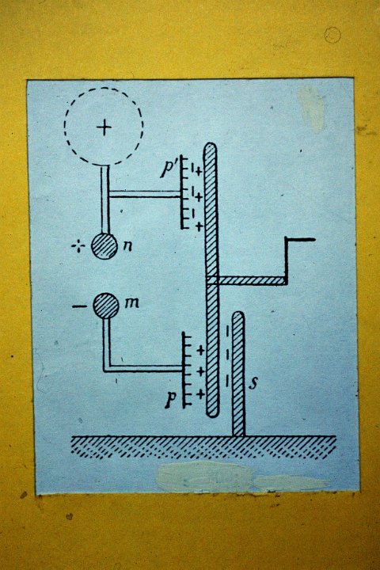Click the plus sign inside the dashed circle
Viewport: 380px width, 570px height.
click(x=104, y=127)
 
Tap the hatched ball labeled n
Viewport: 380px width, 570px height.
click(x=104, y=246)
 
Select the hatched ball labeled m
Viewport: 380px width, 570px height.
click(x=106, y=306)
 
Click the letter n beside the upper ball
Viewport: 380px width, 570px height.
click(x=127, y=246)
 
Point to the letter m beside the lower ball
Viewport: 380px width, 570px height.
click(x=131, y=302)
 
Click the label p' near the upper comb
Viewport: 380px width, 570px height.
click(x=168, y=169)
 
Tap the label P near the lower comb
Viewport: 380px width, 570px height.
click(x=171, y=401)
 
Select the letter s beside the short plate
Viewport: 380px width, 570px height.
click(x=253, y=383)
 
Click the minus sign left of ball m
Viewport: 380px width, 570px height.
click(x=78, y=307)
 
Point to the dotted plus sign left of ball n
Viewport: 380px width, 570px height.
click(x=78, y=247)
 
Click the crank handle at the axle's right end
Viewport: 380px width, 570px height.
click(x=299, y=261)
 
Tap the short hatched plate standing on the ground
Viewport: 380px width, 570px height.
click(x=238, y=374)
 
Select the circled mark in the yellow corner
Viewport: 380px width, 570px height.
click(x=332, y=36)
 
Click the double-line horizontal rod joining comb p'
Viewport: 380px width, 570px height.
click(x=145, y=195)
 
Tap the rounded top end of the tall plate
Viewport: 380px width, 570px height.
click(x=210, y=148)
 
